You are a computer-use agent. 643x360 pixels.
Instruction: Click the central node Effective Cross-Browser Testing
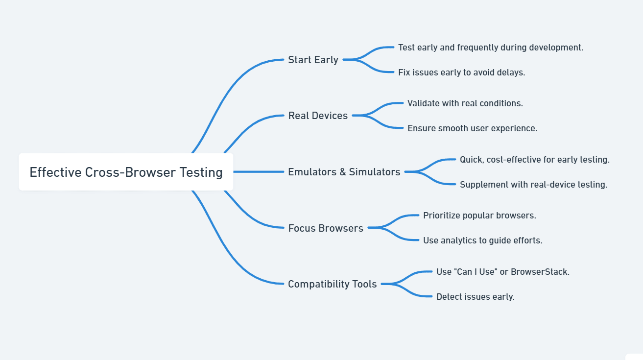point(126,172)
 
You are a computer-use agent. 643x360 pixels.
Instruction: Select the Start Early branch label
point(313,60)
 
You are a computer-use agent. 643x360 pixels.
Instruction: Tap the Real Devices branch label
point(318,116)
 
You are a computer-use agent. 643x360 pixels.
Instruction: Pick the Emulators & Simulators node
point(344,172)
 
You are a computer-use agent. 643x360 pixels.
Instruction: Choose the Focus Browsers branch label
point(326,228)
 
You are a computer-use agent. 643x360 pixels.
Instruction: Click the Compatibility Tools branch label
point(332,284)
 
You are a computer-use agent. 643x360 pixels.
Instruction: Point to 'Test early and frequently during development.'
point(490,48)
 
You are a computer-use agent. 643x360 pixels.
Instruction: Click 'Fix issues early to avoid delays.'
point(461,72)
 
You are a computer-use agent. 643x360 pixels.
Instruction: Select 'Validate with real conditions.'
point(465,103)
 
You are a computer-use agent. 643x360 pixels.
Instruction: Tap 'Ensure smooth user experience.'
point(472,128)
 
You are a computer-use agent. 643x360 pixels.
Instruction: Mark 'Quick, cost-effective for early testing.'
point(534,160)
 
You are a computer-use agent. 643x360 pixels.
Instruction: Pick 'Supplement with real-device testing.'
point(533,185)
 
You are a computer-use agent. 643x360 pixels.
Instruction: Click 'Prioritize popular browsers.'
point(479,216)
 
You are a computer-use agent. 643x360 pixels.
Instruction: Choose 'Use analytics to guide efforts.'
point(482,240)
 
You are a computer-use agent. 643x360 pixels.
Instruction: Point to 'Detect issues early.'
point(475,297)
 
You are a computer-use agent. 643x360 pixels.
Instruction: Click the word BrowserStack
point(540,272)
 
